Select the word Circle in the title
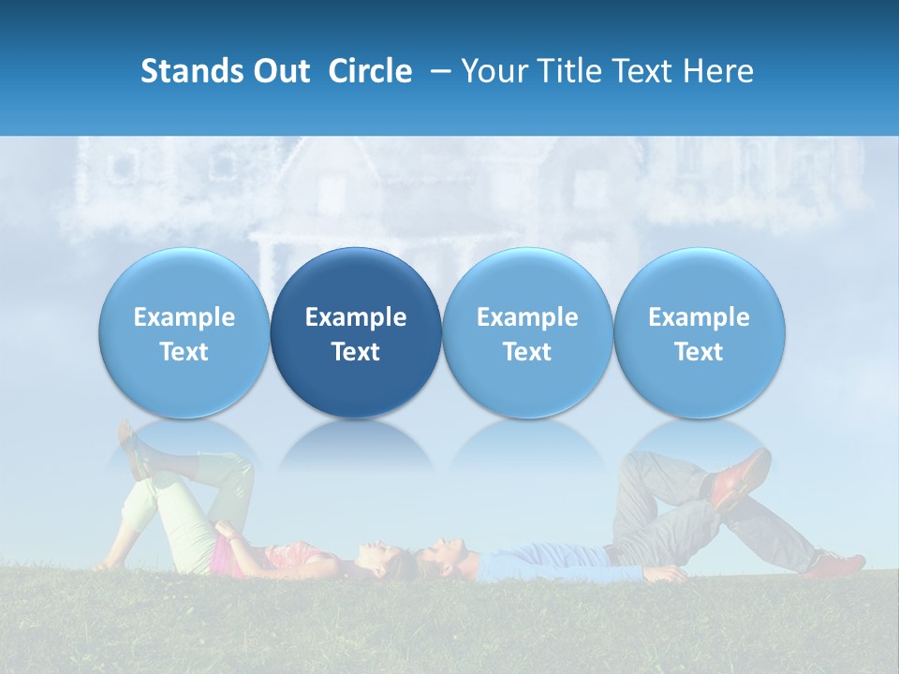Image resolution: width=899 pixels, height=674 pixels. click(370, 71)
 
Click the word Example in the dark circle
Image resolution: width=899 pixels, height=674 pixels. click(356, 317)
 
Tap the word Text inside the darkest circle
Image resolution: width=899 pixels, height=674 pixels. click(356, 352)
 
